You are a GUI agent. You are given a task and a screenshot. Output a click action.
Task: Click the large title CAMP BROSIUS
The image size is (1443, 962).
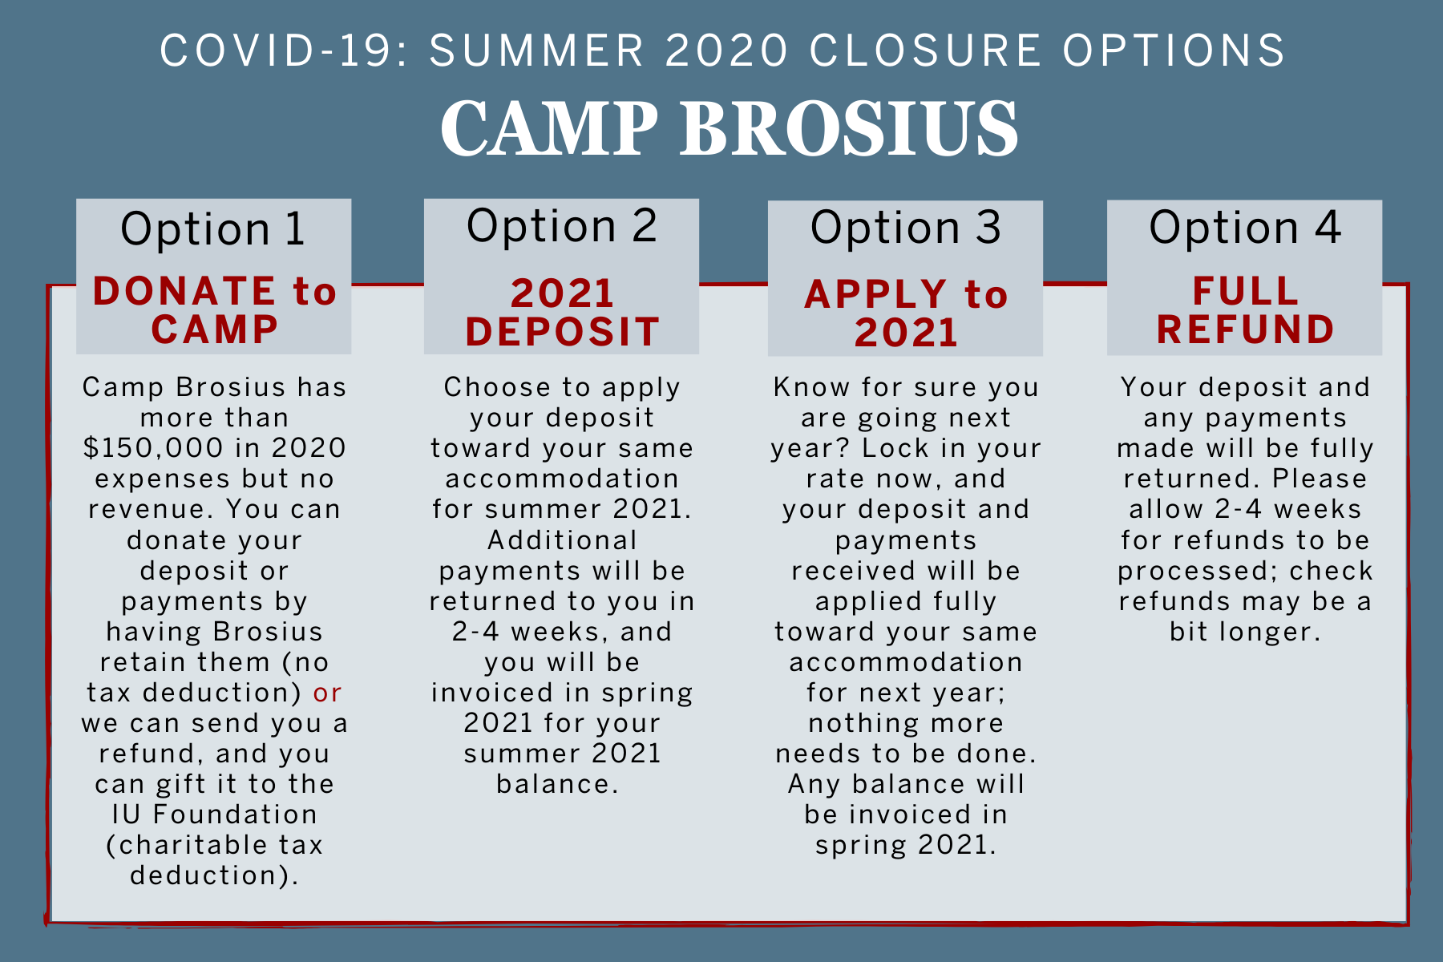tap(730, 127)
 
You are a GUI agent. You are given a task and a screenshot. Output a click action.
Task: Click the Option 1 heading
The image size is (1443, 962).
tap(213, 229)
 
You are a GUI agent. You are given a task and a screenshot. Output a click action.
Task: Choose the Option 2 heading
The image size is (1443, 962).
tap(562, 226)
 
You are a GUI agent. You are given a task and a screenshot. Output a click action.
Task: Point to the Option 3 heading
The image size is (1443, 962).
tap(906, 228)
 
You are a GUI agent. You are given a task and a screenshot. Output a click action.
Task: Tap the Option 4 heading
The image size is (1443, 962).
tap(1245, 228)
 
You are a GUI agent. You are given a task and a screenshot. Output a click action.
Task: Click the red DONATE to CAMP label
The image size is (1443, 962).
tap(214, 310)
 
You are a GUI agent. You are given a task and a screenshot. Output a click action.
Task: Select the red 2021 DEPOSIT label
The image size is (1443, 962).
tap(562, 313)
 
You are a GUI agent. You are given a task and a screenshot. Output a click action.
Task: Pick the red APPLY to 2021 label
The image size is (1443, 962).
tap(906, 313)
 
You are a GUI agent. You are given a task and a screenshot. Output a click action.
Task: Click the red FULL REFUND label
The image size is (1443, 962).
tap(1245, 310)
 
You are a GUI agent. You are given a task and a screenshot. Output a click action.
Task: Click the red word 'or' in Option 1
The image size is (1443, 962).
tap(327, 693)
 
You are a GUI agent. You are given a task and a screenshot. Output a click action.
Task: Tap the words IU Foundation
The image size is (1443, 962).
tap(214, 814)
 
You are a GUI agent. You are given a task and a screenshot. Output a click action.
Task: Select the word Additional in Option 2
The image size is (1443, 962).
tap(562, 540)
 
